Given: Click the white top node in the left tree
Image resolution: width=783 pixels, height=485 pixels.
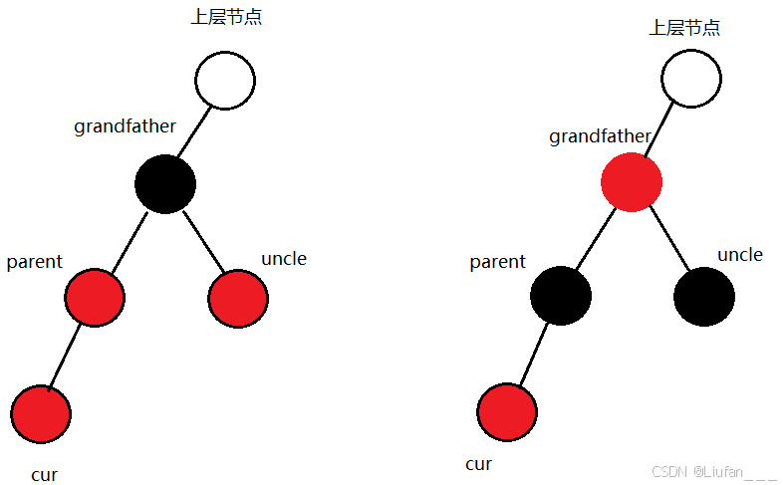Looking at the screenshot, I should (225, 80).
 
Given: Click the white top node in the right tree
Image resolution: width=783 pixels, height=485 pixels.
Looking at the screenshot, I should (690, 78).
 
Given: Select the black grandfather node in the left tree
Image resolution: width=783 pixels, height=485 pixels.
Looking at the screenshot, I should (164, 183).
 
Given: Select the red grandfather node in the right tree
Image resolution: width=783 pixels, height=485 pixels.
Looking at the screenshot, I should (632, 182).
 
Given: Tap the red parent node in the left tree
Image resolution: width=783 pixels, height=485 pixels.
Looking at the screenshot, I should (95, 297).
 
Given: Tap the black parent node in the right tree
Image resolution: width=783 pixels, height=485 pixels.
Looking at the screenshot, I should (561, 296).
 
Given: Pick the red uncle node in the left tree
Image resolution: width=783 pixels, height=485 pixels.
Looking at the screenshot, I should (238, 298).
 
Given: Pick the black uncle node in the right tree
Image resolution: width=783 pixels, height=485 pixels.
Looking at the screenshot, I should (704, 296).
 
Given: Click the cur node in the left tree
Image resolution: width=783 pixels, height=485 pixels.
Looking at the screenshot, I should (41, 413).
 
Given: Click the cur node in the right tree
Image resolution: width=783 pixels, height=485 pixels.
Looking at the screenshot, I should (507, 411).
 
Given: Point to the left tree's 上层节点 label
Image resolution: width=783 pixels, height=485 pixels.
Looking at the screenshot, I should (226, 18).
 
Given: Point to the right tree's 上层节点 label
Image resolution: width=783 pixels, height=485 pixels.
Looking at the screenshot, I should (684, 28).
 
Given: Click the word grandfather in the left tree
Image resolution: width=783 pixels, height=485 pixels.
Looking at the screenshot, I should (125, 126).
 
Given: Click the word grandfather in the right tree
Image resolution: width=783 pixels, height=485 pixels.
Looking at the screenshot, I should (600, 136).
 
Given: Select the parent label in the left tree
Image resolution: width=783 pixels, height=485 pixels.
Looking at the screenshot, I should (34, 262).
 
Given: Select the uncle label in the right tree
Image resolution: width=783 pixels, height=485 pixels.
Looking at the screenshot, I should (740, 255).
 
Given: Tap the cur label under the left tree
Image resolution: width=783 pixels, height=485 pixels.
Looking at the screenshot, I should (44, 475).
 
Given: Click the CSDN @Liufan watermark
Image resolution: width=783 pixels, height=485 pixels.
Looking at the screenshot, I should (712, 471).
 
